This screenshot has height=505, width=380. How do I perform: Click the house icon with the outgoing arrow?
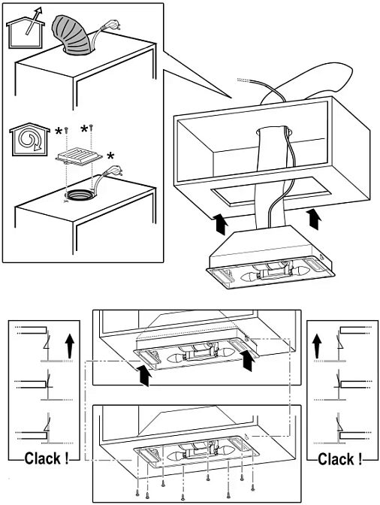coord(25,32)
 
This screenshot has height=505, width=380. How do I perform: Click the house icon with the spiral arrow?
coord(29,140)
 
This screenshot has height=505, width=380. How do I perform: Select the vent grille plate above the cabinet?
coord(80,156)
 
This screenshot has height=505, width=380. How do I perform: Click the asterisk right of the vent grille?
coord(110,157)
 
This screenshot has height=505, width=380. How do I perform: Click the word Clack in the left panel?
coord(43,458)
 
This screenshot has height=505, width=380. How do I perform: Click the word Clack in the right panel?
coord(336,459)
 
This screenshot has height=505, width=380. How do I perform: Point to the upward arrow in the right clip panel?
coord(317,346)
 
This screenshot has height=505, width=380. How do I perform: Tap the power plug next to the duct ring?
coord(115,170)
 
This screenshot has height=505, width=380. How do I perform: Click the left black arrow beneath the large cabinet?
coord(222,223)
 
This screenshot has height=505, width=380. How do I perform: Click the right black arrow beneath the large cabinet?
coord(313,219)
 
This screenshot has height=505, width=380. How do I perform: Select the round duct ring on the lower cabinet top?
coord(79,195)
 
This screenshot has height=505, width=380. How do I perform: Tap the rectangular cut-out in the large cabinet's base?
coord(270,191)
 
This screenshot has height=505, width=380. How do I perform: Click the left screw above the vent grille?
coord(67,129)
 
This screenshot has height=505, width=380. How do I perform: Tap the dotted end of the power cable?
coord(243,80)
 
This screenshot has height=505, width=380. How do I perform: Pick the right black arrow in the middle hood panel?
coord(248,361)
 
